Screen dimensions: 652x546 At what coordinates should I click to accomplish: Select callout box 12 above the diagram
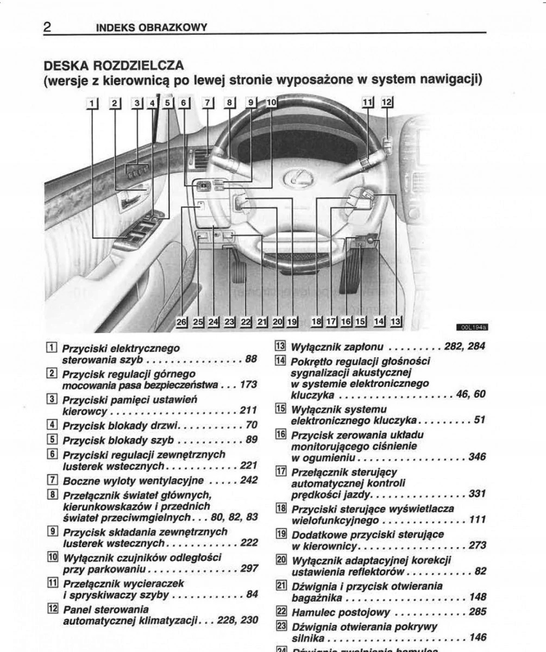coord(386,102)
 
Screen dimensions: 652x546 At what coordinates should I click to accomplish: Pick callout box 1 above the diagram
coord(93,103)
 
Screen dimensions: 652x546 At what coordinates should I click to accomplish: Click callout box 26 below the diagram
coord(182,322)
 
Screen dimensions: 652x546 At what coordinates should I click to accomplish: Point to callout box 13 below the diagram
coord(395,322)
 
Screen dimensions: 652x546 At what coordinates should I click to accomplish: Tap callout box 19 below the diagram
coord(292,322)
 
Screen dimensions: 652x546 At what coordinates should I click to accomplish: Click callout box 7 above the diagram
coord(208,103)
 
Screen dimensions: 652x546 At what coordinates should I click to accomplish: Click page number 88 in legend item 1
coord(251,359)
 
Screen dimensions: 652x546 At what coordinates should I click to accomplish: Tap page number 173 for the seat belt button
coord(248,385)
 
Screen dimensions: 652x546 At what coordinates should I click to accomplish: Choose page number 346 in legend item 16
coord(476,457)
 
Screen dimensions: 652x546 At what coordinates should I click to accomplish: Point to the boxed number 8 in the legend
coord(53,494)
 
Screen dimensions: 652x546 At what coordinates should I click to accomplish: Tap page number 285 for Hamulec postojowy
coord(476,612)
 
